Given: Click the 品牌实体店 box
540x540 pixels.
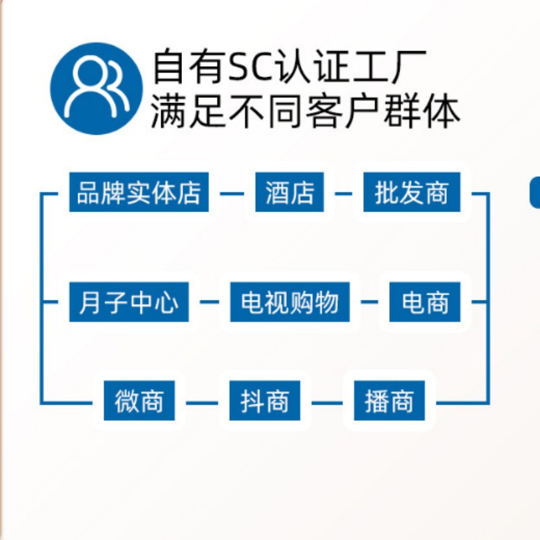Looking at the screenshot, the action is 139,192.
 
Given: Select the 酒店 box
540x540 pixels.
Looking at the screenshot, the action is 289,192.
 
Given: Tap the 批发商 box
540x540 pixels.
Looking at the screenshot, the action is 412,192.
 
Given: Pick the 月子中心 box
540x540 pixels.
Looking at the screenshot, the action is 129,302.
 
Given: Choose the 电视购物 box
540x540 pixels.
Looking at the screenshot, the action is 289,302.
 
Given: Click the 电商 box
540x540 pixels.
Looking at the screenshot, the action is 425,302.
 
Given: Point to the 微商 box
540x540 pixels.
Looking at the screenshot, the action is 139,400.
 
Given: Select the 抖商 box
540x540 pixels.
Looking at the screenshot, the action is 264,400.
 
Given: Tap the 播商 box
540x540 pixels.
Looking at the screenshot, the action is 389,400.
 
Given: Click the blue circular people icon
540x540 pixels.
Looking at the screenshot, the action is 96,89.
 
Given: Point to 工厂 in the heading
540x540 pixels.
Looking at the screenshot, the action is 390,67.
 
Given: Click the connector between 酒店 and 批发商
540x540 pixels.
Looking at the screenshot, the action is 343,194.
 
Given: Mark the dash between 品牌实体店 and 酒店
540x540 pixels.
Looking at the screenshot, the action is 232,194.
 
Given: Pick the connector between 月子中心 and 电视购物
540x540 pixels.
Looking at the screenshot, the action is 209,302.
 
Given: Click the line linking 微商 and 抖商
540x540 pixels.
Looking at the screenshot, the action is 202,403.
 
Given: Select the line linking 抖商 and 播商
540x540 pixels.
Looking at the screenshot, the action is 327,403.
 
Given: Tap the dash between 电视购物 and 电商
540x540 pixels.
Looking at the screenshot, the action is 370,302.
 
